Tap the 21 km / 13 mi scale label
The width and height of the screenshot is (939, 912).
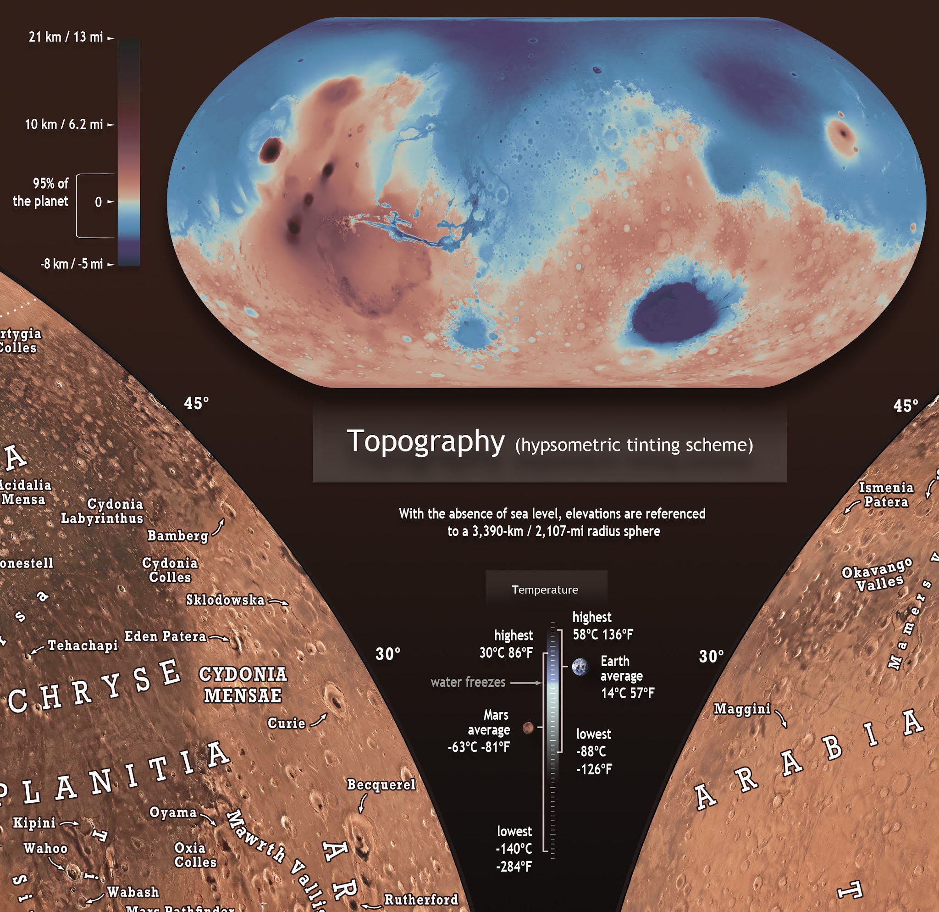pos(66,37)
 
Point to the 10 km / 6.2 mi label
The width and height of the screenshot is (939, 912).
pos(64,125)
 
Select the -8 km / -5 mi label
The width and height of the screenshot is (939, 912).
pos(72,264)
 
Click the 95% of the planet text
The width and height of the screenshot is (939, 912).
pos(41,192)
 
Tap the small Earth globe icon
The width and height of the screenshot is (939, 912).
pos(580,667)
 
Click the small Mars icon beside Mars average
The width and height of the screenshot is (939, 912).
pos(527,728)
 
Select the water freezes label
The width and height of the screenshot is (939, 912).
pos(468,682)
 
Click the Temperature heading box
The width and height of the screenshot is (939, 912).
pos(546,589)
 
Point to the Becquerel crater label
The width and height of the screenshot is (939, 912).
pos(381,784)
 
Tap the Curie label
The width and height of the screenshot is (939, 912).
pos(286,723)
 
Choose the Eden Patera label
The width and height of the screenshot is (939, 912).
pos(165,636)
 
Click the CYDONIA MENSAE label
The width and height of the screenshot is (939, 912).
pos(243,684)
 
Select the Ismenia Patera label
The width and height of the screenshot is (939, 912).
pos(886,495)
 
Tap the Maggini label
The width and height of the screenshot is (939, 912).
pos(742,709)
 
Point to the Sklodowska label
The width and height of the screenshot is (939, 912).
pos(225,600)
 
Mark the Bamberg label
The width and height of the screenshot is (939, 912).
pos(178,536)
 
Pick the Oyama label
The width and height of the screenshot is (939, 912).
pos(173,812)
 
